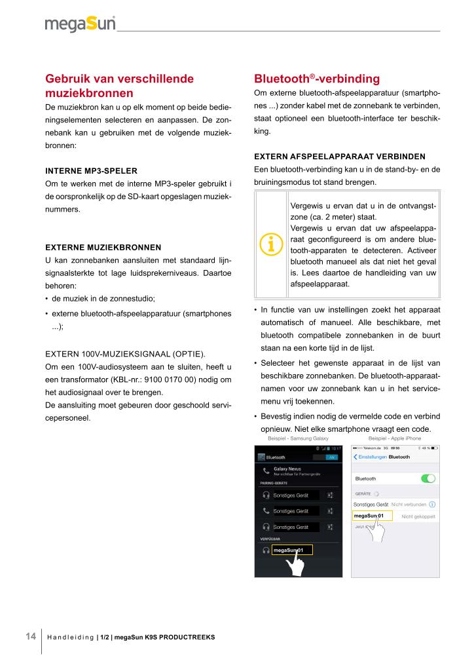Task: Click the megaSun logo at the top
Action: point(81,25)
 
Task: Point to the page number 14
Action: point(31,636)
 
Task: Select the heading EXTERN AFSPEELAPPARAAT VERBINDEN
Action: point(340,156)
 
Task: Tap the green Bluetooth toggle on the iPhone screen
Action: point(428,479)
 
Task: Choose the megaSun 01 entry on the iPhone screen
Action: point(371,516)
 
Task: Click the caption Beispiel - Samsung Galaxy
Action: point(298,438)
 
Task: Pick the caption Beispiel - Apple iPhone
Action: point(395,438)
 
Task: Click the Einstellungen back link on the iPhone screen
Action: point(370,456)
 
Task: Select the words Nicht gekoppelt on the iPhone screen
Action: point(418,517)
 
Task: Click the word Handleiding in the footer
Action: point(71,638)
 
